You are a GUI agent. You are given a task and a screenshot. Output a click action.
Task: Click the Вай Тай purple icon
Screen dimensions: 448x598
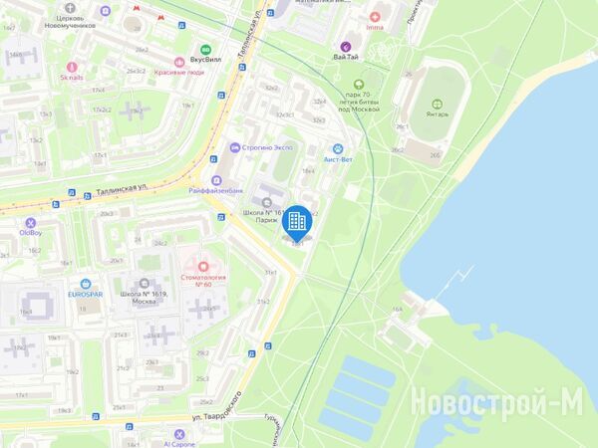point(346,46)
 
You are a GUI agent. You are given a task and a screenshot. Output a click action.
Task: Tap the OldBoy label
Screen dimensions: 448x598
point(31,233)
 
